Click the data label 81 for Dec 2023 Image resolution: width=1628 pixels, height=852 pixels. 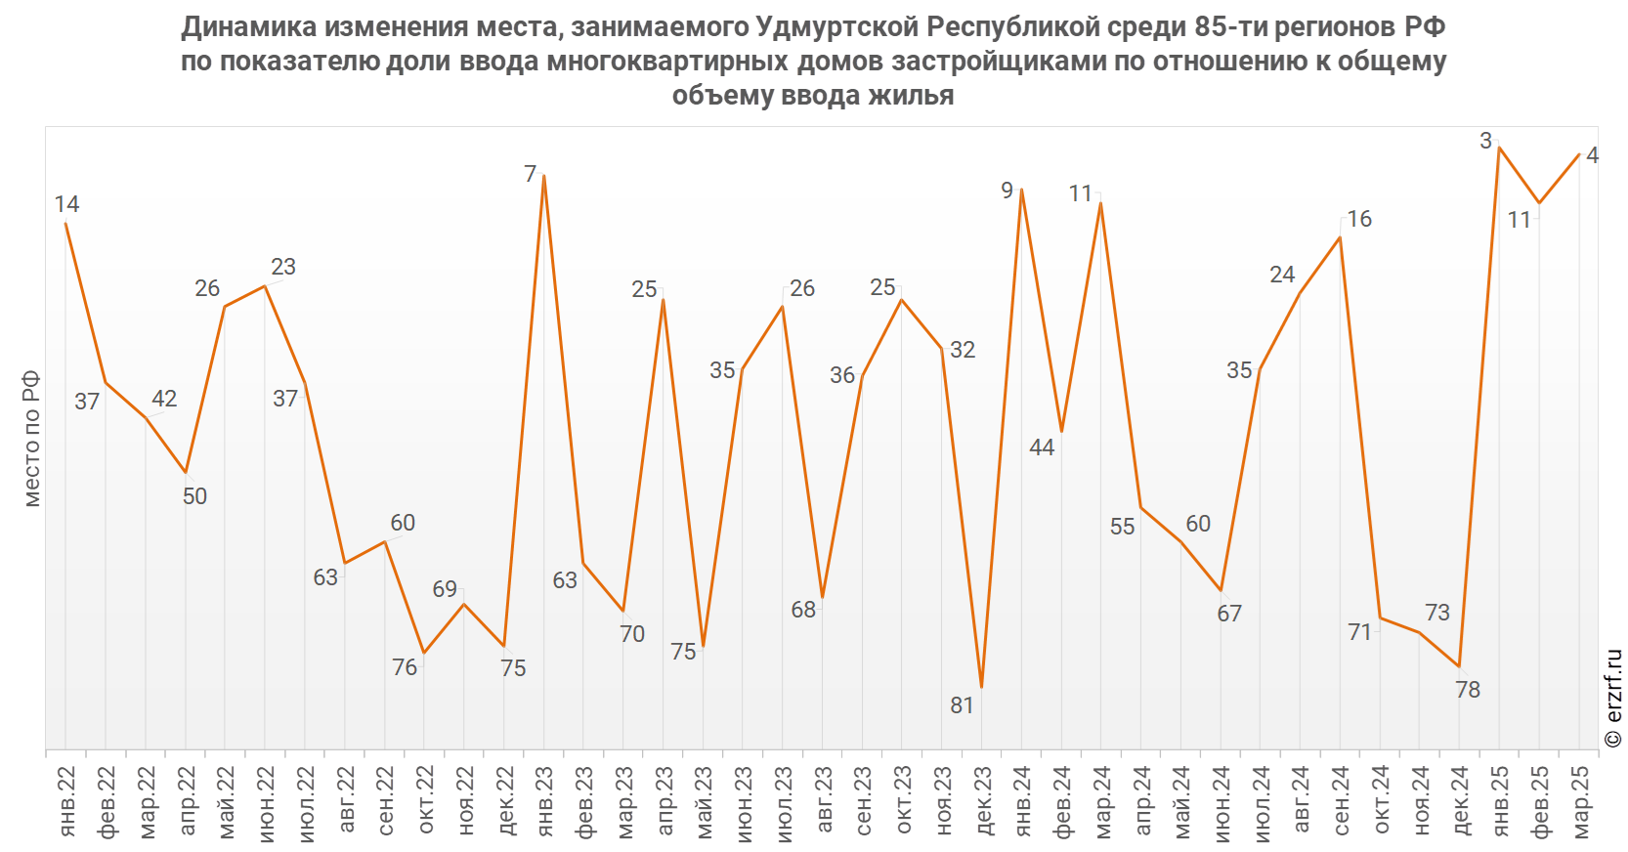[962, 704]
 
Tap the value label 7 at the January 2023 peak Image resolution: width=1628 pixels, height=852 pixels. [531, 174]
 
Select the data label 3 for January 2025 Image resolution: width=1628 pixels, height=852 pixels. [1485, 141]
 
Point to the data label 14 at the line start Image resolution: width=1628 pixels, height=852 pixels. [66, 204]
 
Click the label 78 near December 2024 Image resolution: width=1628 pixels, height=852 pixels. [1468, 690]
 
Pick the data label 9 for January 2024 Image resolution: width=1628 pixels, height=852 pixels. [1007, 191]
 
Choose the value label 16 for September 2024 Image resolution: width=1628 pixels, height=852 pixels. [1359, 219]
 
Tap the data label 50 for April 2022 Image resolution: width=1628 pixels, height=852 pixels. [194, 496]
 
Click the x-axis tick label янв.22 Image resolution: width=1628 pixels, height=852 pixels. [66, 801]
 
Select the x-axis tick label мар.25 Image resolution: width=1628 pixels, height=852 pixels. [1580, 801]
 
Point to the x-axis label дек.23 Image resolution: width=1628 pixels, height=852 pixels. [983, 801]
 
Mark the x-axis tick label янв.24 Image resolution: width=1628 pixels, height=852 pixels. [1023, 801]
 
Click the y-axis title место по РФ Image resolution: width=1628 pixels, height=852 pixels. [31, 439]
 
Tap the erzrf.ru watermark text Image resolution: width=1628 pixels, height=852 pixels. [1613, 699]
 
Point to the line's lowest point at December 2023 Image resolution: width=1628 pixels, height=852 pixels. [981, 688]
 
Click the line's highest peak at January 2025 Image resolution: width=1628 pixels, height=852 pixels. [1499, 148]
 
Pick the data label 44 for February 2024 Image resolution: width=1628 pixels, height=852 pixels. [1042, 447]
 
